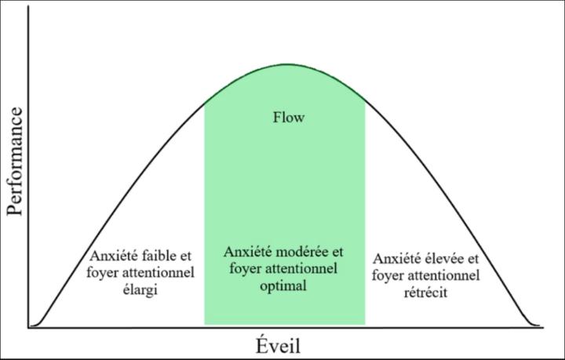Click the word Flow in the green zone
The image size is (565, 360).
[288, 118]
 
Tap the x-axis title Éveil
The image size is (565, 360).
[278, 345]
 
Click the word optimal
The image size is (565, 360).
[284, 286]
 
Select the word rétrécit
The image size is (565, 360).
[443, 289]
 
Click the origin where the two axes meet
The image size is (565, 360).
[28, 327]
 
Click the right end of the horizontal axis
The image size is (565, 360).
[543, 327]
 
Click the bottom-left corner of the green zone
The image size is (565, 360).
[205, 325]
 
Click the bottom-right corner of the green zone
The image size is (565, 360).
[365, 325]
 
